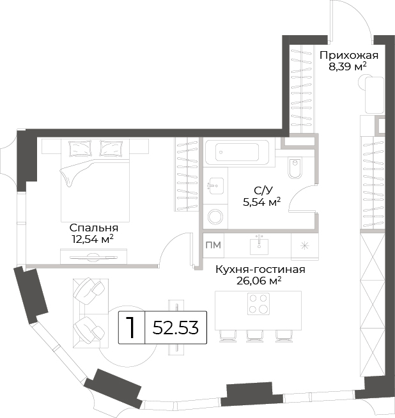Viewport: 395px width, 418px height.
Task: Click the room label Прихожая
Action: (x=349, y=56)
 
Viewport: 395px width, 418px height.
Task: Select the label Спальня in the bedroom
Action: (x=94, y=228)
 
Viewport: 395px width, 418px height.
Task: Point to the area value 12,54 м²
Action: (x=93, y=239)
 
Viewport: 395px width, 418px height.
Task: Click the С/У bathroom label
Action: (x=263, y=191)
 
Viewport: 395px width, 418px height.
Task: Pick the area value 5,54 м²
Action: (x=261, y=202)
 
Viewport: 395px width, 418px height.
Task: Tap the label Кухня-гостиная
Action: (x=260, y=270)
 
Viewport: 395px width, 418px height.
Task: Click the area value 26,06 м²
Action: (x=259, y=281)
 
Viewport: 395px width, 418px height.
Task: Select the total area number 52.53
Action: (x=176, y=328)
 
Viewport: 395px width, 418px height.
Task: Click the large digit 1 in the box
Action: (x=130, y=327)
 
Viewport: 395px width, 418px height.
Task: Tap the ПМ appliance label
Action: (x=213, y=245)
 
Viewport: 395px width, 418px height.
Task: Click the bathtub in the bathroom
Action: (x=236, y=152)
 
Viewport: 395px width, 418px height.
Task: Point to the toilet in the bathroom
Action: (x=295, y=168)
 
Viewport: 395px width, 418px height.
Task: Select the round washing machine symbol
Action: (x=215, y=217)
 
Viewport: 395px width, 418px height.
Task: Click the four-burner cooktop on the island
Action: (x=258, y=303)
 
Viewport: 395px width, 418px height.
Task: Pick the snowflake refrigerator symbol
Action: (x=304, y=246)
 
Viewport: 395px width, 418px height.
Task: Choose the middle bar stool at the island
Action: (x=255, y=336)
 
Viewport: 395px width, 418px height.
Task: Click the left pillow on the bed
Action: (x=80, y=148)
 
